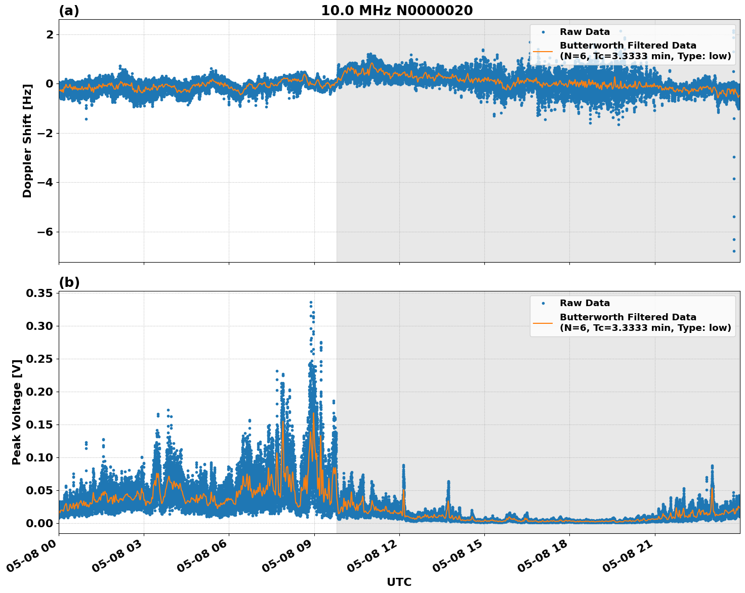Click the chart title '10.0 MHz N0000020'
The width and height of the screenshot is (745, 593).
(397, 11)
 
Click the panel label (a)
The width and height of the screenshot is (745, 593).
(69, 11)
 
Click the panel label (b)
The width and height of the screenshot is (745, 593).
(69, 282)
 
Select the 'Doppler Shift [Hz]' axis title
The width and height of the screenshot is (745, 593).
(27, 141)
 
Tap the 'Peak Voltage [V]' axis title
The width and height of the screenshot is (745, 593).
(17, 412)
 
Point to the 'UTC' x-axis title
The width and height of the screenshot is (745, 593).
(399, 582)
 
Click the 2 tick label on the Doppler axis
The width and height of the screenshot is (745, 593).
(49, 34)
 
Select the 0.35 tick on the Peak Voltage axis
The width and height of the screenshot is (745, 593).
(39, 293)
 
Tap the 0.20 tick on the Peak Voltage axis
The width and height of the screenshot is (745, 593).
(39, 392)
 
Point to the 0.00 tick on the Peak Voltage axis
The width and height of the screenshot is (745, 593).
(39, 523)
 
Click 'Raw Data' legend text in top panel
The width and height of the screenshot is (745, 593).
(585, 32)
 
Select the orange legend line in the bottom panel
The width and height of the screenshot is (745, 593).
(543, 322)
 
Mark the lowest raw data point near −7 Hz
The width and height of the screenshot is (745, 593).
(734, 251)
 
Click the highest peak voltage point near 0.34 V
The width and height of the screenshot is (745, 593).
(311, 302)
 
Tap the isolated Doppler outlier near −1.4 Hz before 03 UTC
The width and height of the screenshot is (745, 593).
(86, 119)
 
